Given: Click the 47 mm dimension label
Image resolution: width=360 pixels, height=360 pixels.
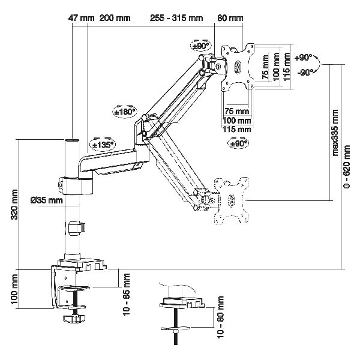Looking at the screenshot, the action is pyautogui.click(x=81, y=18).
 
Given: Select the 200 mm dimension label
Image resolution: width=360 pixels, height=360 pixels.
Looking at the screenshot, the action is pyautogui.click(x=115, y=18).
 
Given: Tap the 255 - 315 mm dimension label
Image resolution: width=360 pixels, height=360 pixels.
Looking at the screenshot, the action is pyautogui.click(x=176, y=18).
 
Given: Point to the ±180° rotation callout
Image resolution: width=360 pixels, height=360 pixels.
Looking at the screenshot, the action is pyautogui.click(x=125, y=112).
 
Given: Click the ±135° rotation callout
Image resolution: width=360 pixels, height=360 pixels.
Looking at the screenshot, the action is pyautogui.click(x=103, y=145).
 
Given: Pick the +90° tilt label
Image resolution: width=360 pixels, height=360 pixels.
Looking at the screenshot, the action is pyautogui.click(x=304, y=58).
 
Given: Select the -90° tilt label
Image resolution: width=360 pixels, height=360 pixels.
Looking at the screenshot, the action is pyautogui.click(x=305, y=73).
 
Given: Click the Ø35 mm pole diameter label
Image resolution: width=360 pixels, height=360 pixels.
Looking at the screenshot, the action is pyautogui.click(x=47, y=200).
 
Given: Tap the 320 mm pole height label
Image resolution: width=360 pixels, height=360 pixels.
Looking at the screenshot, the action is pyautogui.click(x=14, y=205).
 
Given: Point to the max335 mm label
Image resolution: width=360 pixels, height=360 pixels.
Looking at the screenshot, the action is pyautogui.click(x=335, y=133).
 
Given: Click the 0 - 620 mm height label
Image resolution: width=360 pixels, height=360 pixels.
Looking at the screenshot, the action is pyautogui.click(x=347, y=166).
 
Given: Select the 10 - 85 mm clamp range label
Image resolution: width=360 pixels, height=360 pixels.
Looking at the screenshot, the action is pyautogui.click(x=127, y=295).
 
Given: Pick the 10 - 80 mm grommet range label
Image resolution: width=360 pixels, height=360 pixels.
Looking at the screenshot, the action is pyautogui.click(x=220, y=317).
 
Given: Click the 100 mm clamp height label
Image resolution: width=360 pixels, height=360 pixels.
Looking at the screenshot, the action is pyautogui.click(x=14, y=289).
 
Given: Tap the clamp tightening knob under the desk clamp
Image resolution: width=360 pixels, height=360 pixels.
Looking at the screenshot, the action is pyautogui.click(x=74, y=319).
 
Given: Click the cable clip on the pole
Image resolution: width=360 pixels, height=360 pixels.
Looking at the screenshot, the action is pyautogui.click(x=76, y=228).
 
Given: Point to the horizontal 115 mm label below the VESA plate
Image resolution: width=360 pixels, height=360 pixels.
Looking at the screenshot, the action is pyautogui.click(x=237, y=129).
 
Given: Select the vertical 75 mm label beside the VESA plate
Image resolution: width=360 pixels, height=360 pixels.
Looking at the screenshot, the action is pyautogui.click(x=265, y=67).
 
